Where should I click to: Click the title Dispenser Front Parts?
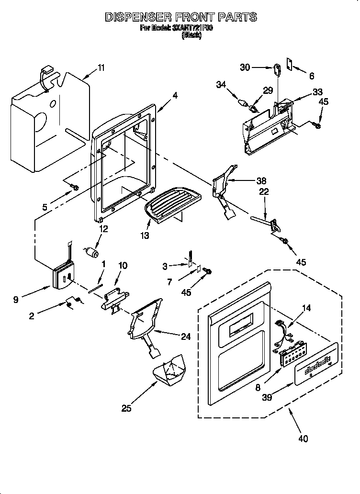click(x=180, y=17)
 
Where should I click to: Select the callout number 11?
click(x=101, y=67)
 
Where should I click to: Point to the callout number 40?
click(x=303, y=438)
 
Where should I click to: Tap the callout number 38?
click(x=261, y=180)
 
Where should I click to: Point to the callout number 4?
click(x=175, y=95)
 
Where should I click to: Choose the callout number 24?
click(x=185, y=337)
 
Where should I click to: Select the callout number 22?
click(x=264, y=192)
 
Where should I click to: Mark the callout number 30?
click(x=245, y=67)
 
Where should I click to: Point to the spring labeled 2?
click(x=72, y=303)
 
